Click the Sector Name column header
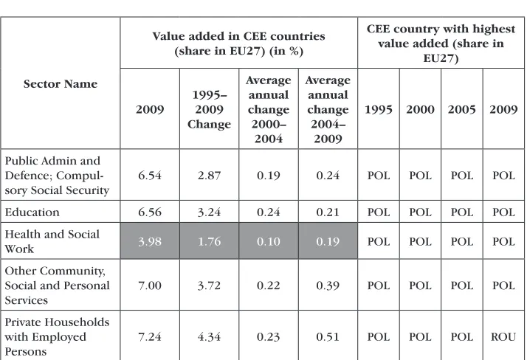pos(61,83)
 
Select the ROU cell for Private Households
pos(503,336)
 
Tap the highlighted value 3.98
pos(150,241)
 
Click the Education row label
pos(32,212)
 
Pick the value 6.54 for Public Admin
pos(150,176)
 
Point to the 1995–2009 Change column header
pos(209,109)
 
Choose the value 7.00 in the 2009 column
pos(150,285)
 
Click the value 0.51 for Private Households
pos(328,336)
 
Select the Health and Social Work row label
pos(52,241)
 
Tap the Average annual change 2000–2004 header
pos(269,109)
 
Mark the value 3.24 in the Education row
pos(209,212)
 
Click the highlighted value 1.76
pos(209,241)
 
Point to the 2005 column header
pos(462,109)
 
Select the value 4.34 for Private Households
pos(209,336)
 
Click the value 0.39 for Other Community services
pos(328,285)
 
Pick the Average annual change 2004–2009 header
pos(328,109)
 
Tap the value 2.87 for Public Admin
pos(209,176)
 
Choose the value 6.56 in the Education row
pos(150,212)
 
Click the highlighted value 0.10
pos(269,241)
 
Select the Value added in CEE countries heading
pos(238,44)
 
